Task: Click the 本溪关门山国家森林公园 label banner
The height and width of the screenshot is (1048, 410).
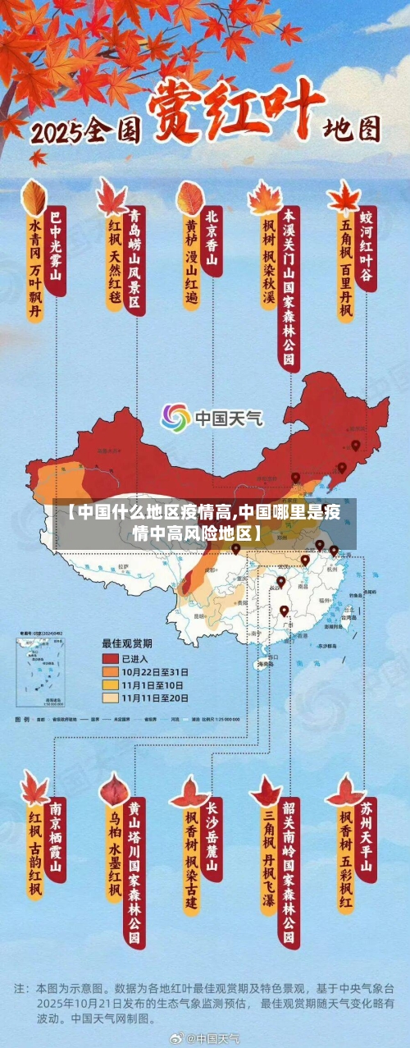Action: pyautogui.click(x=288, y=287)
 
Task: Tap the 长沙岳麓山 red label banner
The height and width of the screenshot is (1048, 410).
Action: pyautogui.click(x=212, y=837)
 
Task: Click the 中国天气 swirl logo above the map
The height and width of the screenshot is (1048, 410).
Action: pyautogui.click(x=175, y=418)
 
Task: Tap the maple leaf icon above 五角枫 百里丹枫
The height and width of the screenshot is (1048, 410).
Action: pyautogui.click(x=344, y=198)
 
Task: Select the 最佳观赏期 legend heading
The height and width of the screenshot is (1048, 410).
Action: pyautogui.click(x=126, y=643)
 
